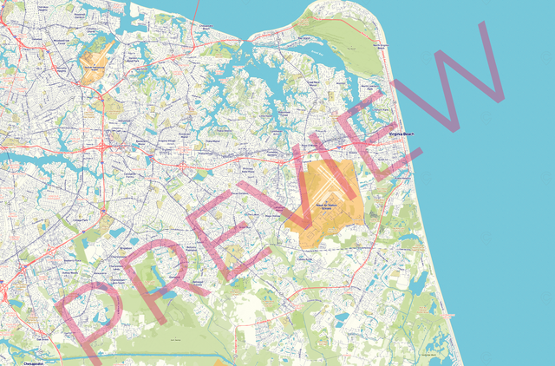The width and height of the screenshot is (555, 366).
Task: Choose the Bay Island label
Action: pos(303,39)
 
